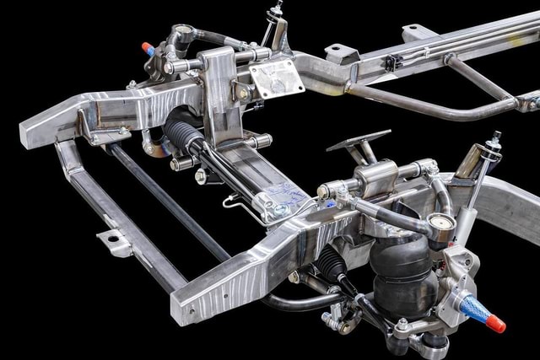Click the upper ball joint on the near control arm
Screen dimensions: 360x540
coord(440,225)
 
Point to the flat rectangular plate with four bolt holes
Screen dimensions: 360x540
coord(276,78)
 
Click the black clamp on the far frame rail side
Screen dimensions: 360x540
coord(391,62)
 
